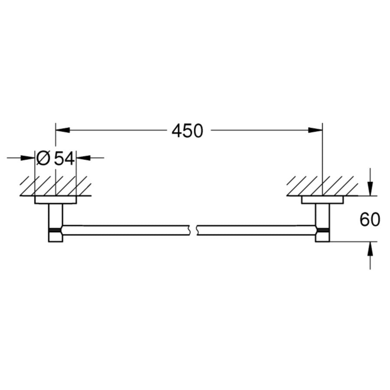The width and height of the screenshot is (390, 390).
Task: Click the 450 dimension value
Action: [x=187, y=131]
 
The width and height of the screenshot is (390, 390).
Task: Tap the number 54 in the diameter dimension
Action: [x=65, y=159]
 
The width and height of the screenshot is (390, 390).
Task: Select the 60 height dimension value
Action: [x=370, y=219]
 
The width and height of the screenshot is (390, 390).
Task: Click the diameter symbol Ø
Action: [x=43, y=158]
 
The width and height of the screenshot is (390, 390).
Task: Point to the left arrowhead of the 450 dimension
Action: [x=63, y=130]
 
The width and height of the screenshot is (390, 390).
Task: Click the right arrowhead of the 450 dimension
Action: [x=315, y=130]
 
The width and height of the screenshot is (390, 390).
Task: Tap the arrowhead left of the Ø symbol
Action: [x=28, y=158]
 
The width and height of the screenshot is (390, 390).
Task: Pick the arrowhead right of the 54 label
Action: [x=83, y=158]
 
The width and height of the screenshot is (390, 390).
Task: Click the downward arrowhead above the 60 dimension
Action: [x=370, y=188]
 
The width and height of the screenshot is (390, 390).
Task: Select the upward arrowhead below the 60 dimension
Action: [x=370, y=249]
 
